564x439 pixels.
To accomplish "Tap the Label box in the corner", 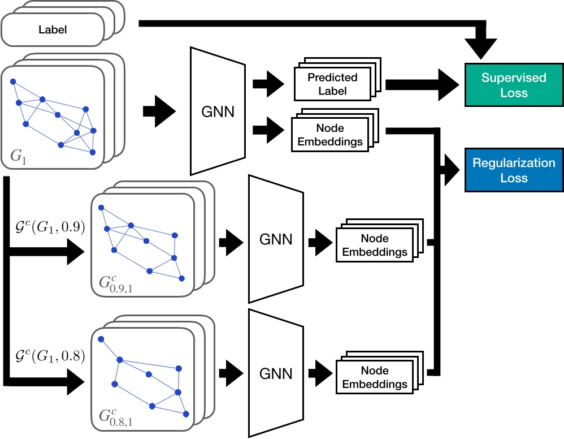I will click(53, 29).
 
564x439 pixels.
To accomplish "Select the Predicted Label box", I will click(332, 84).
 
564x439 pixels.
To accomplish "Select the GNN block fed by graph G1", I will click(218, 111).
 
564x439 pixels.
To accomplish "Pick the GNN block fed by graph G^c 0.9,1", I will click(276, 239).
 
